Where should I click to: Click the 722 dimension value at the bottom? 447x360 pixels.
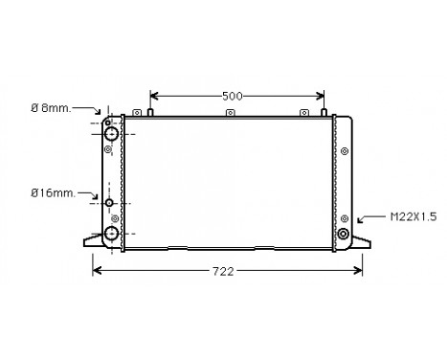click(x=221, y=272)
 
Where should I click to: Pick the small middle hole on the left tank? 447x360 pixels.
click(x=109, y=203)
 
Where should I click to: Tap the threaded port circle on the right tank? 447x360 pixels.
click(x=344, y=233)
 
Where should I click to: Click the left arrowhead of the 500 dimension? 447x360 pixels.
click(x=153, y=96)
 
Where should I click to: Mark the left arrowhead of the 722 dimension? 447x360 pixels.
click(x=95, y=272)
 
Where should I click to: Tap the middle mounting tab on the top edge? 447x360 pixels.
click(x=230, y=113)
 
